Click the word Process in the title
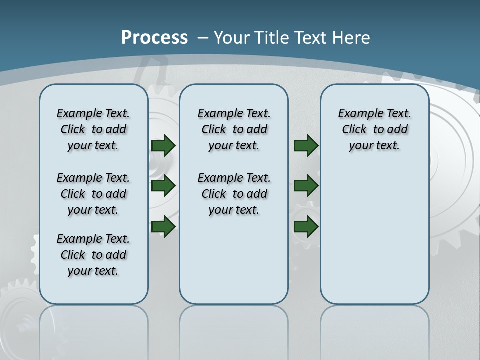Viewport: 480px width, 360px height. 154,38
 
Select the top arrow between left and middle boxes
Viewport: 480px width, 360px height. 163,145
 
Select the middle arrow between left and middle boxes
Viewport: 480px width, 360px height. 163,186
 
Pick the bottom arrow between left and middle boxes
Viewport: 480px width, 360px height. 163,226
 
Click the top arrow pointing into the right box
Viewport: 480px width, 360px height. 306,145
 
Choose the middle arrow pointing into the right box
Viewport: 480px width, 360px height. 306,186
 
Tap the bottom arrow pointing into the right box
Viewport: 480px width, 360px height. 306,226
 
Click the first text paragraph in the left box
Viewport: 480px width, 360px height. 93,129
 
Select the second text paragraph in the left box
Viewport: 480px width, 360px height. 93,194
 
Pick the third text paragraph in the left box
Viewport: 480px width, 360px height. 93,255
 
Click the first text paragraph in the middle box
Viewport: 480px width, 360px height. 234,129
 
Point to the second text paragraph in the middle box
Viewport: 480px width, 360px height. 234,194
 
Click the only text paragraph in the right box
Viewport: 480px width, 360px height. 374,129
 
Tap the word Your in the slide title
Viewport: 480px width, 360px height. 231,38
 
